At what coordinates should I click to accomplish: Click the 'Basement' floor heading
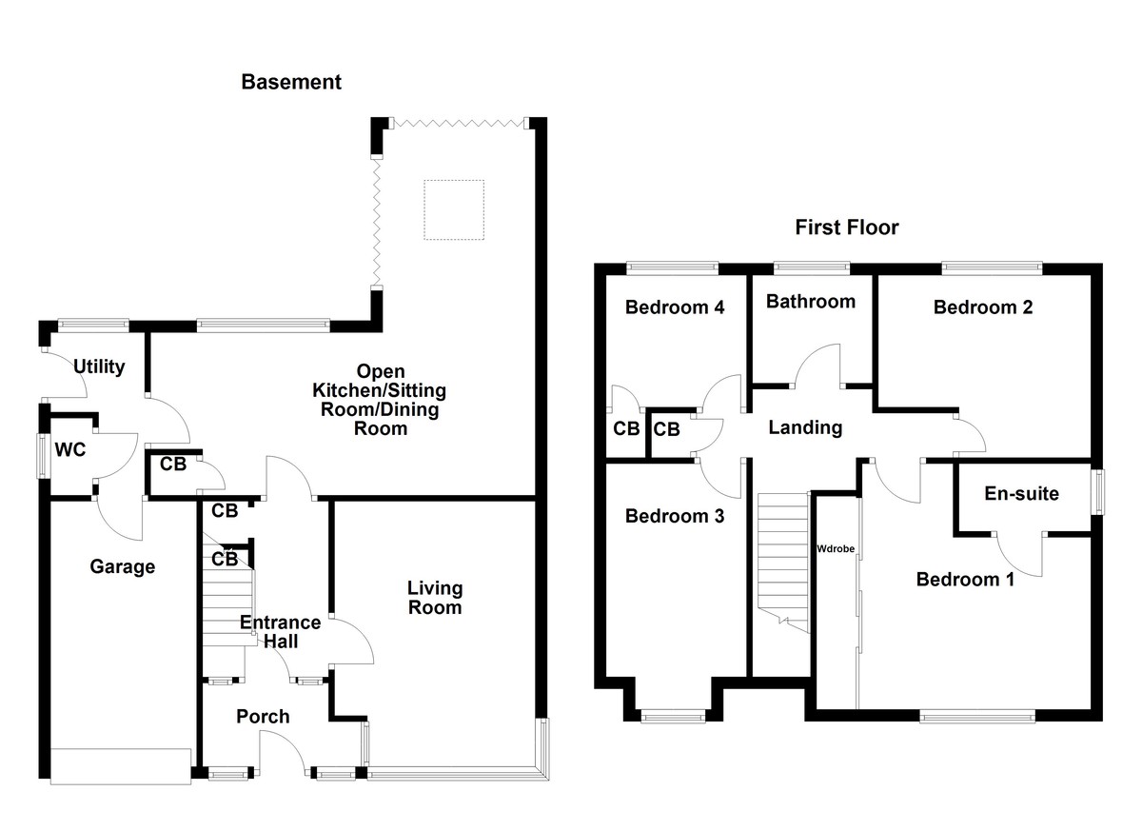[290, 82]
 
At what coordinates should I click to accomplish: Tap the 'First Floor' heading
[846, 228]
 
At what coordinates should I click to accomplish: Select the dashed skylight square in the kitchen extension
[454, 209]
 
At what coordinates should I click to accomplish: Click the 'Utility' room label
[99, 366]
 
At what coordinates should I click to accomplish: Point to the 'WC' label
[70, 449]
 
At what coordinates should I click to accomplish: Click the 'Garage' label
[122, 567]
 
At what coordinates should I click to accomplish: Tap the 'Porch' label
[263, 716]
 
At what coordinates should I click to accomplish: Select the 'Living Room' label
[434, 598]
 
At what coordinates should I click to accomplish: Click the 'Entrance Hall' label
[268, 632]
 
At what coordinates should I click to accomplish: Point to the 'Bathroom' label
[810, 302]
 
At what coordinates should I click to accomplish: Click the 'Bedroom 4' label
[675, 307]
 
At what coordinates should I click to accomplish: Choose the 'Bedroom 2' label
[983, 307]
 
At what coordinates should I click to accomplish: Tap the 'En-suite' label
[1021, 493]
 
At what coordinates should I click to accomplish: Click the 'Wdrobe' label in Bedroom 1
[835, 549]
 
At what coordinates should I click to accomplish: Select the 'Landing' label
[805, 427]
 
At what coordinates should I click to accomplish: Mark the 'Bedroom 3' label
[675, 516]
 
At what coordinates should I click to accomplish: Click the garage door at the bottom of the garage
[121, 766]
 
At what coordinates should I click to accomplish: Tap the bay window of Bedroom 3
[673, 716]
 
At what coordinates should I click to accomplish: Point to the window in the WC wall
[42, 456]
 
